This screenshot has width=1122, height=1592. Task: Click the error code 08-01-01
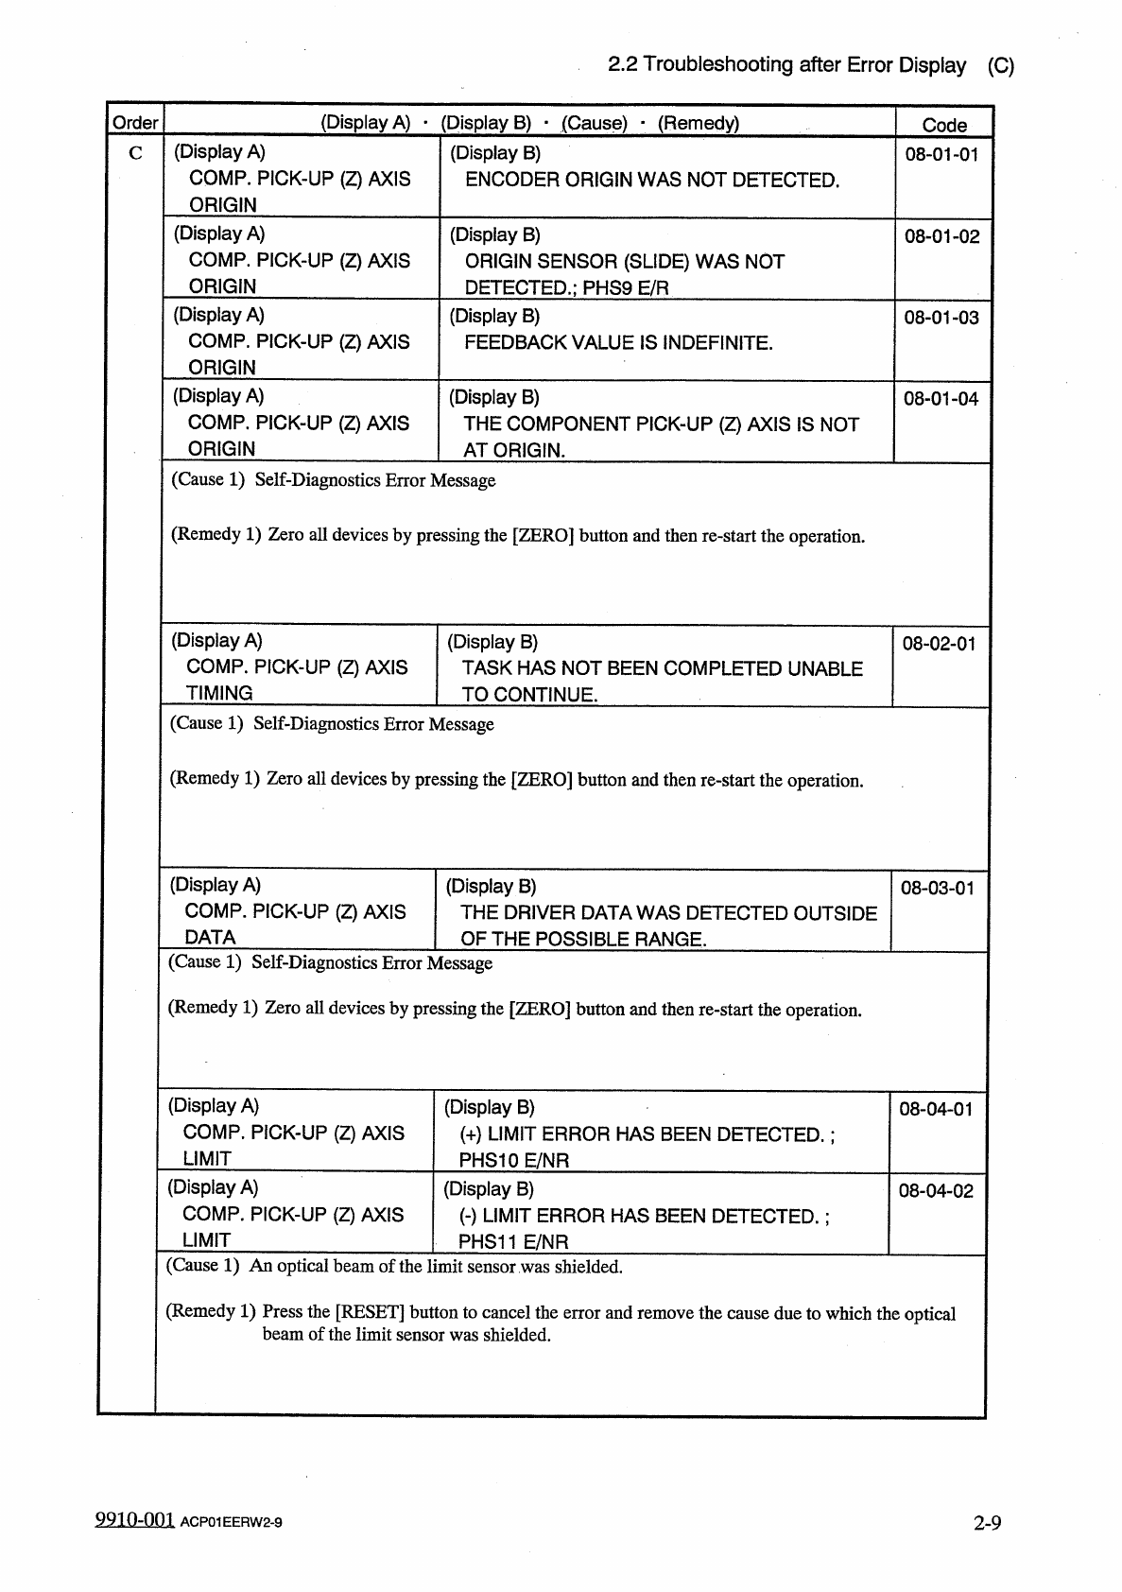(x=941, y=154)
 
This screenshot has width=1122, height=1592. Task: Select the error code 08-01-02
(x=941, y=236)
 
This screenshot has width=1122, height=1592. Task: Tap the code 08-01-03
(x=941, y=318)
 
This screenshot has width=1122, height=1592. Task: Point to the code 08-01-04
(x=941, y=399)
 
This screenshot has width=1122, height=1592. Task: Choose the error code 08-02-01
(x=939, y=644)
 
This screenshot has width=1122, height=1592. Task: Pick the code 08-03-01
(x=937, y=888)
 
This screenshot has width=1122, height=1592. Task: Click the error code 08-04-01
(x=936, y=1109)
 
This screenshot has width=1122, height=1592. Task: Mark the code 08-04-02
(x=936, y=1191)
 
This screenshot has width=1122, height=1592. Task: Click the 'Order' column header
(x=135, y=123)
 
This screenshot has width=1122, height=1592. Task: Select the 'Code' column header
(x=944, y=125)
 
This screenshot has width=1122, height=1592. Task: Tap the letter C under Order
(x=136, y=154)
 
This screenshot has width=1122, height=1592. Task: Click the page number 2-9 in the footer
(x=988, y=1523)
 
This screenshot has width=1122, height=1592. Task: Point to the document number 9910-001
(x=135, y=1520)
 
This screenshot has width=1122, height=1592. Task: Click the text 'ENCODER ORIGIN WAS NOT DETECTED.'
(x=652, y=180)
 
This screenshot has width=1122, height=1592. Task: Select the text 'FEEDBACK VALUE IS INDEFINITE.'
(x=618, y=343)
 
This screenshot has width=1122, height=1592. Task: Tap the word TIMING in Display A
(x=219, y=693)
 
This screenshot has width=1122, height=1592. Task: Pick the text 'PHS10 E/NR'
(x=514, y=1160)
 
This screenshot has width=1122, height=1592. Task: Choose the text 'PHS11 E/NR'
(x=513, y=1242)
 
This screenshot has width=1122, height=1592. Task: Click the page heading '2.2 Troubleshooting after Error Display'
(x=786, y=65)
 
